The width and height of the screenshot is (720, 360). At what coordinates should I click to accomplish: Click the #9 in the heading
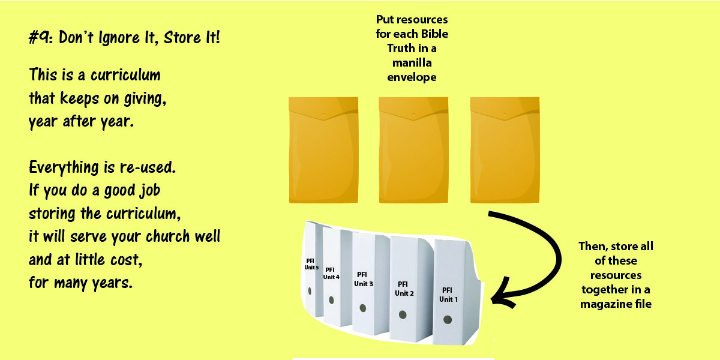(39, 37)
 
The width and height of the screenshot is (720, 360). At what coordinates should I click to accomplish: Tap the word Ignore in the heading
(119, 38)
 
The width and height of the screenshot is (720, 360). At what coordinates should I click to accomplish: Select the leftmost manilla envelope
(323, 150)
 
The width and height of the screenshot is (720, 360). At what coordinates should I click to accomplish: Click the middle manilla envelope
(413, 150)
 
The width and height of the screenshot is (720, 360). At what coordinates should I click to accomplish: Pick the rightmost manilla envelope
(505, 150)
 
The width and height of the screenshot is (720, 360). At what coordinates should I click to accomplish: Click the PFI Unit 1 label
(448, 295)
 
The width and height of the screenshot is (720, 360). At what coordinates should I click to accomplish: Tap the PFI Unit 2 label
(404, 289)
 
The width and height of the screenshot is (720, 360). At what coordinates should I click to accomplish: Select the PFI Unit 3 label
(363, 279)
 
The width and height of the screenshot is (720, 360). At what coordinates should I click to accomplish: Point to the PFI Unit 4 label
(331, 273)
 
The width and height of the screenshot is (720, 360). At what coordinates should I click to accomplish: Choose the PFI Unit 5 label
(311, 264)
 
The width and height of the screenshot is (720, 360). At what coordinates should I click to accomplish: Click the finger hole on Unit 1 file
(448, 319)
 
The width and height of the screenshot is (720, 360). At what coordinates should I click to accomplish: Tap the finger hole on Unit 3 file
(363, 308)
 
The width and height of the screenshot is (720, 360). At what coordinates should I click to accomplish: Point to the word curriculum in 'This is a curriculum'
(125, 75)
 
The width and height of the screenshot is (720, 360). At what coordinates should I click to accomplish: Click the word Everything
(64, 168)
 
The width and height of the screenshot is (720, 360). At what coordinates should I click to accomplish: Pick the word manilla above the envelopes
(412, 62)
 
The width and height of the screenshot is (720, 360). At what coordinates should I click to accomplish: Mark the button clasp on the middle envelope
(413, 115)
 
